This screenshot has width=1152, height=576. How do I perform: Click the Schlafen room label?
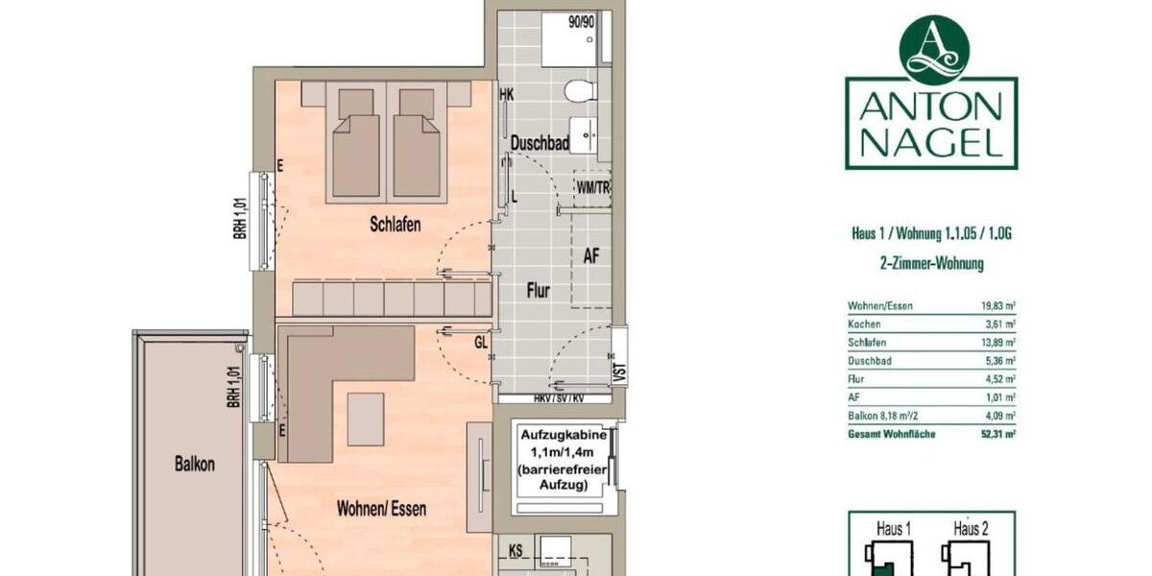click(396, 224)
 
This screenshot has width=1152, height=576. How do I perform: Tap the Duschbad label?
click(540, 143)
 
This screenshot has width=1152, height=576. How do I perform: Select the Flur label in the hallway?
click(539, 290)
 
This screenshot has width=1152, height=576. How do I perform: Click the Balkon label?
click(195, 464)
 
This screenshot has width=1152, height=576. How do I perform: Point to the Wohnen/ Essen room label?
click(381, 509)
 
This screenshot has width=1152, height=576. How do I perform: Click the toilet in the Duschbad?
click(579, 91)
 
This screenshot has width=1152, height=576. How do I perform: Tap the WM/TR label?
click(592, 187)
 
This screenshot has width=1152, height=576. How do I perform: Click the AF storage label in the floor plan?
click(592, 255)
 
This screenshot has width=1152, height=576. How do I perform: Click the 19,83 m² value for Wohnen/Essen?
click(994, 306)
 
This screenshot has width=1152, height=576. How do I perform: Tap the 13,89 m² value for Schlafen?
click(994, 343)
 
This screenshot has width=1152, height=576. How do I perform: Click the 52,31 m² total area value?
click(994, 434)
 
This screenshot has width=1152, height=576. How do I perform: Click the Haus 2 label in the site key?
click(971, 528)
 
